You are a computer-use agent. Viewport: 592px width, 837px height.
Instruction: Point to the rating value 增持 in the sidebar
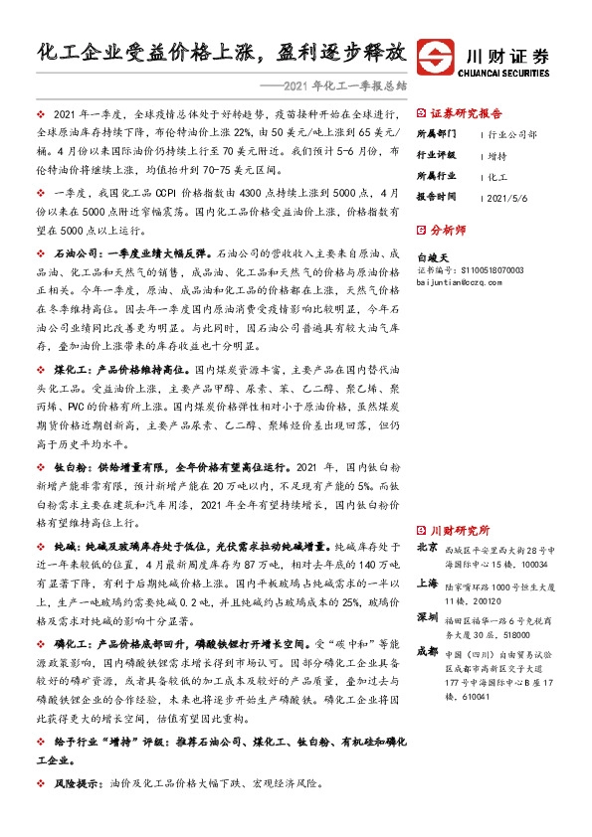497,155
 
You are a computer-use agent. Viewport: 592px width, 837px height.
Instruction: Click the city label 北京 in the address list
427,548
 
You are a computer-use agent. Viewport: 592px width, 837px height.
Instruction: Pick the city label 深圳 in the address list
427,616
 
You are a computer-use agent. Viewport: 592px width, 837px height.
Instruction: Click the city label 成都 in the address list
427,651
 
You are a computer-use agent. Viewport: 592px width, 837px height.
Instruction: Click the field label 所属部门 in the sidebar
436,133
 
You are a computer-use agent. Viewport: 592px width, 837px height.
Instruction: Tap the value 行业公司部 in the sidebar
512,133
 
